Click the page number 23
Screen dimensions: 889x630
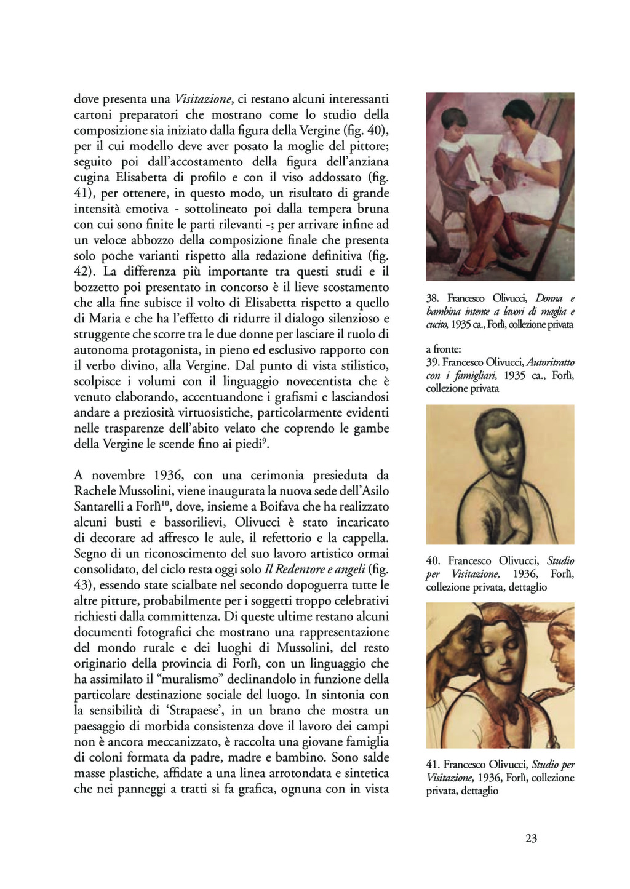532,838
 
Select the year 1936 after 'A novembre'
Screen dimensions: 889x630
166,475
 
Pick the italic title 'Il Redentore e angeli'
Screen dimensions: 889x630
314,569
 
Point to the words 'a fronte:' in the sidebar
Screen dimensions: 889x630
439,349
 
